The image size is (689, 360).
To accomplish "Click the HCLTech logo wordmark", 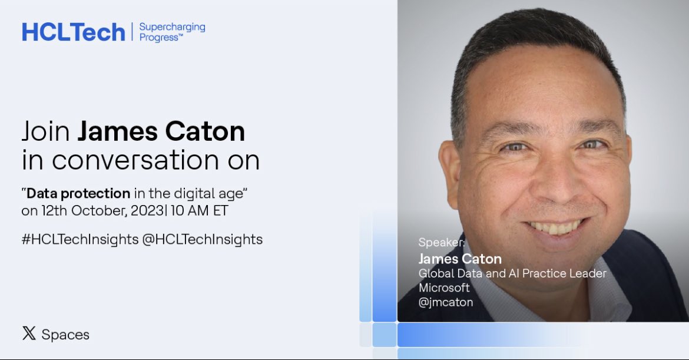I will (x=74, y=32).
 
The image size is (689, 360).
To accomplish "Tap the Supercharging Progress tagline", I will (x=172, y=32).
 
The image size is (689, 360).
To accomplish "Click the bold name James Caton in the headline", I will (x=161, y=131).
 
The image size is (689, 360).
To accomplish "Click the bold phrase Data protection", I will (x=78, y=193).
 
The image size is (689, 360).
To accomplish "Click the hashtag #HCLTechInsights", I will (x=80, y=239).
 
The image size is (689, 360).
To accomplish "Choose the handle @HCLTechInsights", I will (x=203, y=239).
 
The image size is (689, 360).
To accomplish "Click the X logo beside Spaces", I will (x=29, y=333).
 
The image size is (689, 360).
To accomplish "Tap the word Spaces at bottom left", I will (x=65, y=335).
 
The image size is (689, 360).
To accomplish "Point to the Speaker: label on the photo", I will (x=442, y=242).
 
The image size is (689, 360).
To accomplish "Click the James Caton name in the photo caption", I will (x=460, y=259).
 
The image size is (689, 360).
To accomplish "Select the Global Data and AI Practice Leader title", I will (x=512, y=273).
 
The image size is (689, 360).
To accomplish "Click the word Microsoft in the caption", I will (x=444, y=288).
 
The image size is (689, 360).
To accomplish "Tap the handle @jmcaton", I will (x=446, y=302).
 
